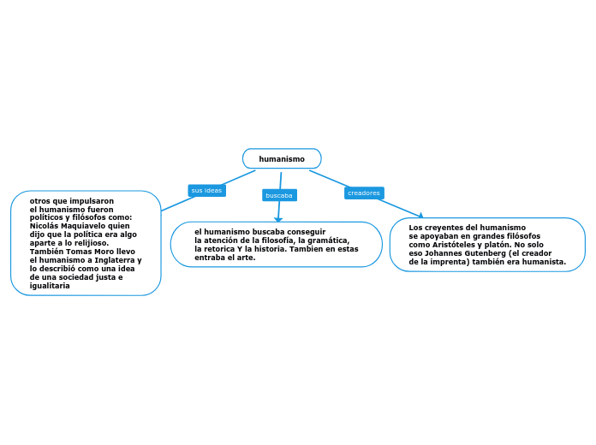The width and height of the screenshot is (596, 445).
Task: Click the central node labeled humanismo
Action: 282,159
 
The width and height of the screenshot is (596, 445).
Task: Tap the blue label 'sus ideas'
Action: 206,190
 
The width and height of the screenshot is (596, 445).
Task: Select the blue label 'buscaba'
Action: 279,196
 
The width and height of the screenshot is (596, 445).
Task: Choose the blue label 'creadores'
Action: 364,193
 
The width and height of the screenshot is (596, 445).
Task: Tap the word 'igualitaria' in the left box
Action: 50,286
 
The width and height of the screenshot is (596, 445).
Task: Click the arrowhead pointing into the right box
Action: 420,216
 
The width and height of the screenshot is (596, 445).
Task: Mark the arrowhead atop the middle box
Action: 278,220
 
